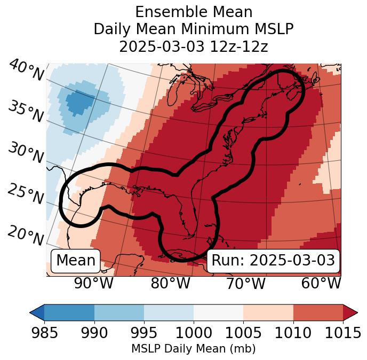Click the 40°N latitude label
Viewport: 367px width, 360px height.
tap(26, 71)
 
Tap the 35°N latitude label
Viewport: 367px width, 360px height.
tap(26, 112)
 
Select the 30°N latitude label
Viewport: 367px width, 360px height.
tap(26, 153)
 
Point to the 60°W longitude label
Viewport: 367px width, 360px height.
tap(321, 283)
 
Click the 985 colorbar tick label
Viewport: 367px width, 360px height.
tap(44, 333)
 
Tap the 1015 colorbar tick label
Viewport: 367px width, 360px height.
tap(342, 333)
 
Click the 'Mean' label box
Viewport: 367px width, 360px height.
tap(76, 261)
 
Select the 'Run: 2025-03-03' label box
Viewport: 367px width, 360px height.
tap(273, 261)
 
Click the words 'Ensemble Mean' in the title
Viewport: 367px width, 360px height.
tap(194, 12)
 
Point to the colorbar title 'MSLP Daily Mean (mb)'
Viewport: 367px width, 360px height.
tap(194, 349)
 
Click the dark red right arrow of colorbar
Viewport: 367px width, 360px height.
tap(350, 312)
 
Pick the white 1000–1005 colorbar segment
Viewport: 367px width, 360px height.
tap(218, 312)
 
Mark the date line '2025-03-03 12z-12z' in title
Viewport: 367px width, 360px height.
tap(194, 46)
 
